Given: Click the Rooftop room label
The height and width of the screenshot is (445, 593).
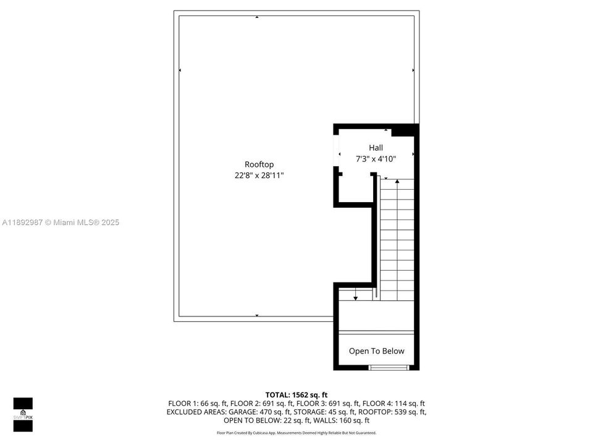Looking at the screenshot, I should pos(259,164).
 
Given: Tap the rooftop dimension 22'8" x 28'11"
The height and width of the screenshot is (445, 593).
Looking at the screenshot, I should pos(259,176).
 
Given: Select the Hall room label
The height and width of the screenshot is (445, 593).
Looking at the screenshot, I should pos(376,148).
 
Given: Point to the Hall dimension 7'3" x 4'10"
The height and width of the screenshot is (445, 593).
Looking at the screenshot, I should pos(376,159).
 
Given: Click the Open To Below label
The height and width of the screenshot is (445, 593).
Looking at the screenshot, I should pos(376,351).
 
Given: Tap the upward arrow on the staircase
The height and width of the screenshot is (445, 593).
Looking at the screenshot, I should pos(397,182).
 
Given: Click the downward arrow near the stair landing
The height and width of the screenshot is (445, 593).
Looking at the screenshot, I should pos(355,297).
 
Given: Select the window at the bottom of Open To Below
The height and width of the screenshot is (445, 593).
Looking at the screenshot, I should pos(389,368).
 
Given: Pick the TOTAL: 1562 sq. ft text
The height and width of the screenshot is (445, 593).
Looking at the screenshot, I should pos(296,394).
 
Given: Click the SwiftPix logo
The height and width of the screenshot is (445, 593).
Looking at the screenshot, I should pos(23,412).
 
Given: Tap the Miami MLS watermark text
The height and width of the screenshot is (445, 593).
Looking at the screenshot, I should pos(61,222).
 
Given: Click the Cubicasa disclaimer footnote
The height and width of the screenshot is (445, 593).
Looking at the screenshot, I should pos(296,433).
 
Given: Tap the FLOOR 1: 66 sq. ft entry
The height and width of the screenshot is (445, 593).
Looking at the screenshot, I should pos(194,403).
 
